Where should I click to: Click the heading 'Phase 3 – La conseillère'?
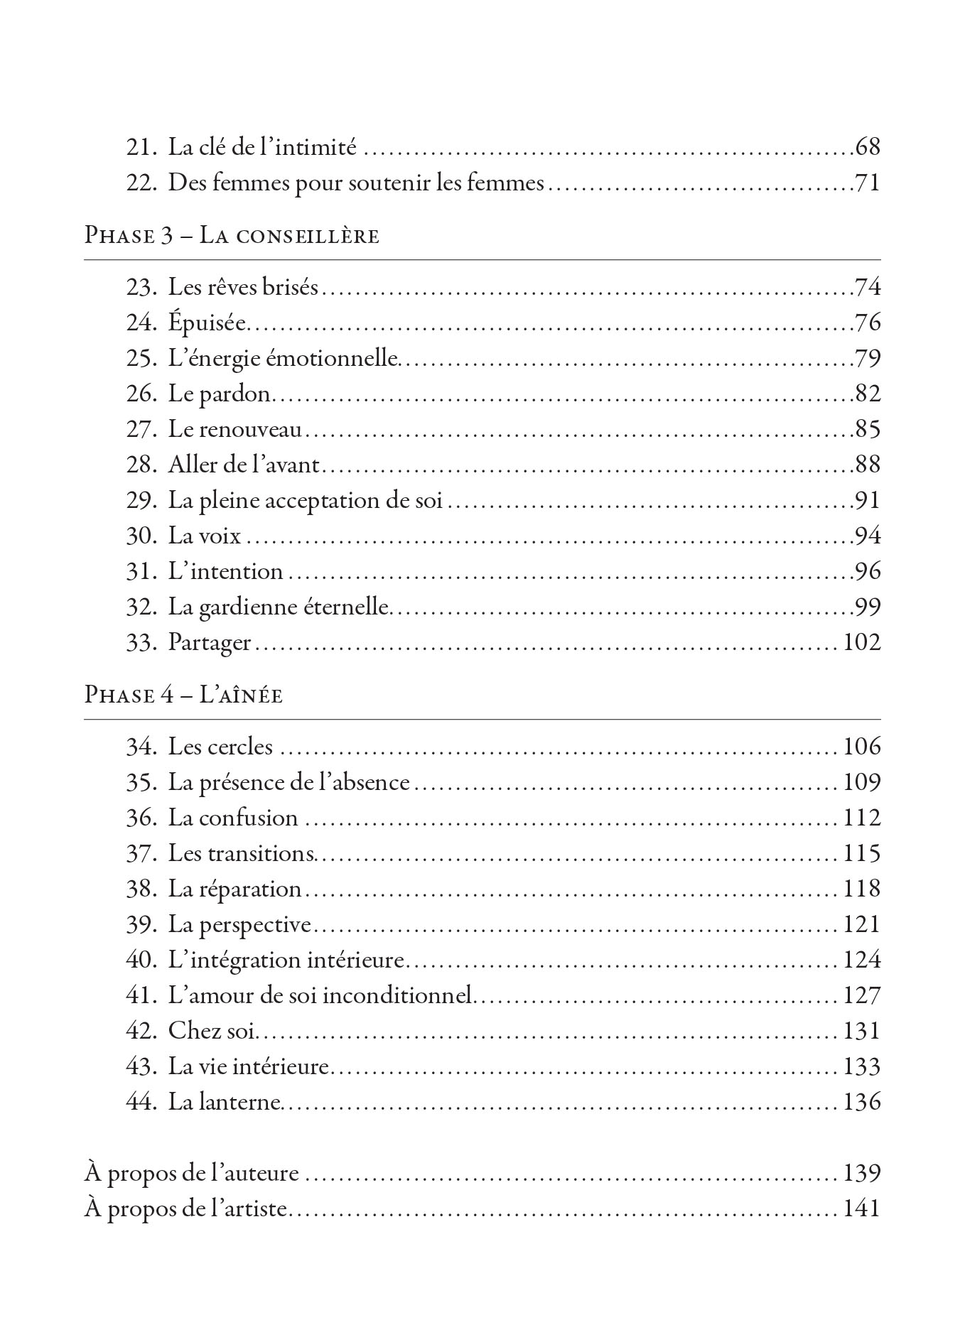tap(232, 235)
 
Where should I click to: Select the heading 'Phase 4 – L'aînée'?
tap(183, 694)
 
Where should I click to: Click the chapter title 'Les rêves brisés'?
tap(243, 288)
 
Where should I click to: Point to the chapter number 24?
tap(140, 323)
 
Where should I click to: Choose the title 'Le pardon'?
tap(220, 394)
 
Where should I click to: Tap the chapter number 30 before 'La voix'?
tap(140, 536)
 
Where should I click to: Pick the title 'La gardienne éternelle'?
tap(279, 607)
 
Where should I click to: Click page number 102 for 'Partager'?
tap(861, 642)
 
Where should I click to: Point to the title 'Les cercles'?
tap(220, 747)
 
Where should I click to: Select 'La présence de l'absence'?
tap(289, 782)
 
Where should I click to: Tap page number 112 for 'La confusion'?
tap(861, 818)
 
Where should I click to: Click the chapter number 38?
tap(140, 889)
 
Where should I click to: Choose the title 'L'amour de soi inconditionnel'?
tap(320, 995)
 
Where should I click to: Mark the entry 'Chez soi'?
tap(211, 1031)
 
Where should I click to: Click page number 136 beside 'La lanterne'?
tap(861, 1102)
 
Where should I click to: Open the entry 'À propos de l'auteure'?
tap(191, 1173)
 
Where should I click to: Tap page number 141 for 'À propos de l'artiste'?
tap(861, 1208)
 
